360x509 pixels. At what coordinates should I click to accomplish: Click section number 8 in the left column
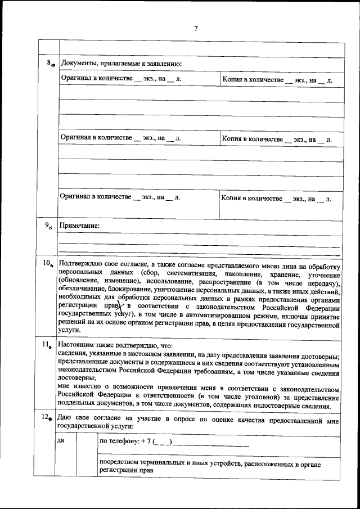point(49,63)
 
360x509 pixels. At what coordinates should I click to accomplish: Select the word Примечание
point(80,226)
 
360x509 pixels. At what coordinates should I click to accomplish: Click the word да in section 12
point(61,440)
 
